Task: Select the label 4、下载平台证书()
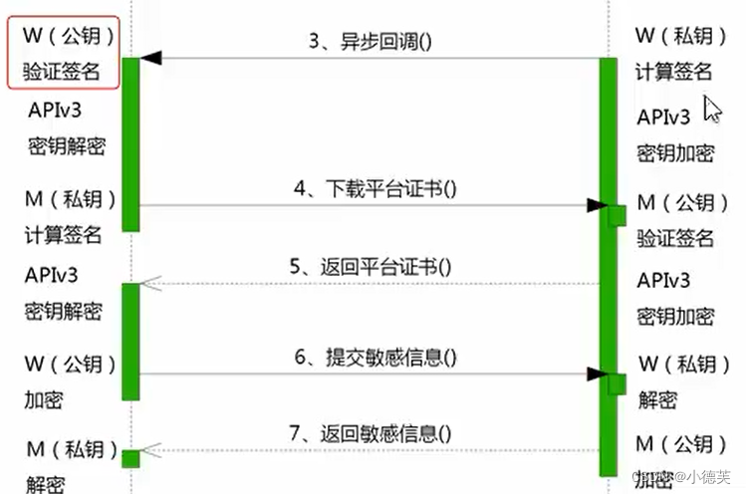click(374, 189)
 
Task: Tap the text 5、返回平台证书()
click(371, 267)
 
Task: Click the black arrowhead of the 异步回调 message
click(150, 59)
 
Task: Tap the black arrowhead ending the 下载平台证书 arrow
click(596, 206)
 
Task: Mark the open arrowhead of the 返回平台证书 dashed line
click(150, 284)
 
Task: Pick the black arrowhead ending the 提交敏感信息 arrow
click(596, 373)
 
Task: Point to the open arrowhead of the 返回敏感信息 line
click(150, 450)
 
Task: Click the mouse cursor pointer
click(711, 109)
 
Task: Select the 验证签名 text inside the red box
click(63, 72)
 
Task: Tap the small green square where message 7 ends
click(130, 458)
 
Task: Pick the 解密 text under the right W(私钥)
click(657, 401)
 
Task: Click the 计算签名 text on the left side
click(63, 236)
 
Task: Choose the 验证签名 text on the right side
click(675, 238)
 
